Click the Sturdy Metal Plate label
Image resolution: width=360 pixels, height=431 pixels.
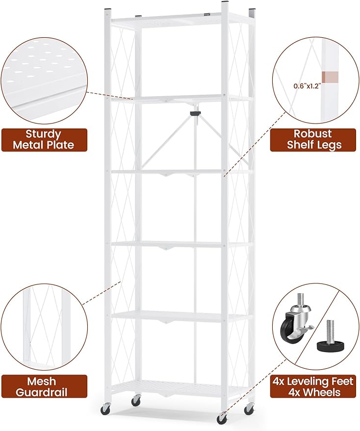click(44, 140)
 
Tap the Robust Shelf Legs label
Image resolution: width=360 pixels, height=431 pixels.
click(314, 140)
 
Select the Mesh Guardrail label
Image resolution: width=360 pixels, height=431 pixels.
click(44, 386)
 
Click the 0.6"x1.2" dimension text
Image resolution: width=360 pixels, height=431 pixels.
click(307, 86)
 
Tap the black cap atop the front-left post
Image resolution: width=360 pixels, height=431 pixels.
click(108, 10)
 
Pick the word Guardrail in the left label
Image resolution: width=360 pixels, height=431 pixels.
click(41, 392)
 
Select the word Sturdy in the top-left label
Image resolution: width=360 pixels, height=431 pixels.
click(44, 134)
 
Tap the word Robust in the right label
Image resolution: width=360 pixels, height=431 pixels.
click(313, 133)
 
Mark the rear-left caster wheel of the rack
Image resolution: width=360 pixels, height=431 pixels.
click(135, 401)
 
